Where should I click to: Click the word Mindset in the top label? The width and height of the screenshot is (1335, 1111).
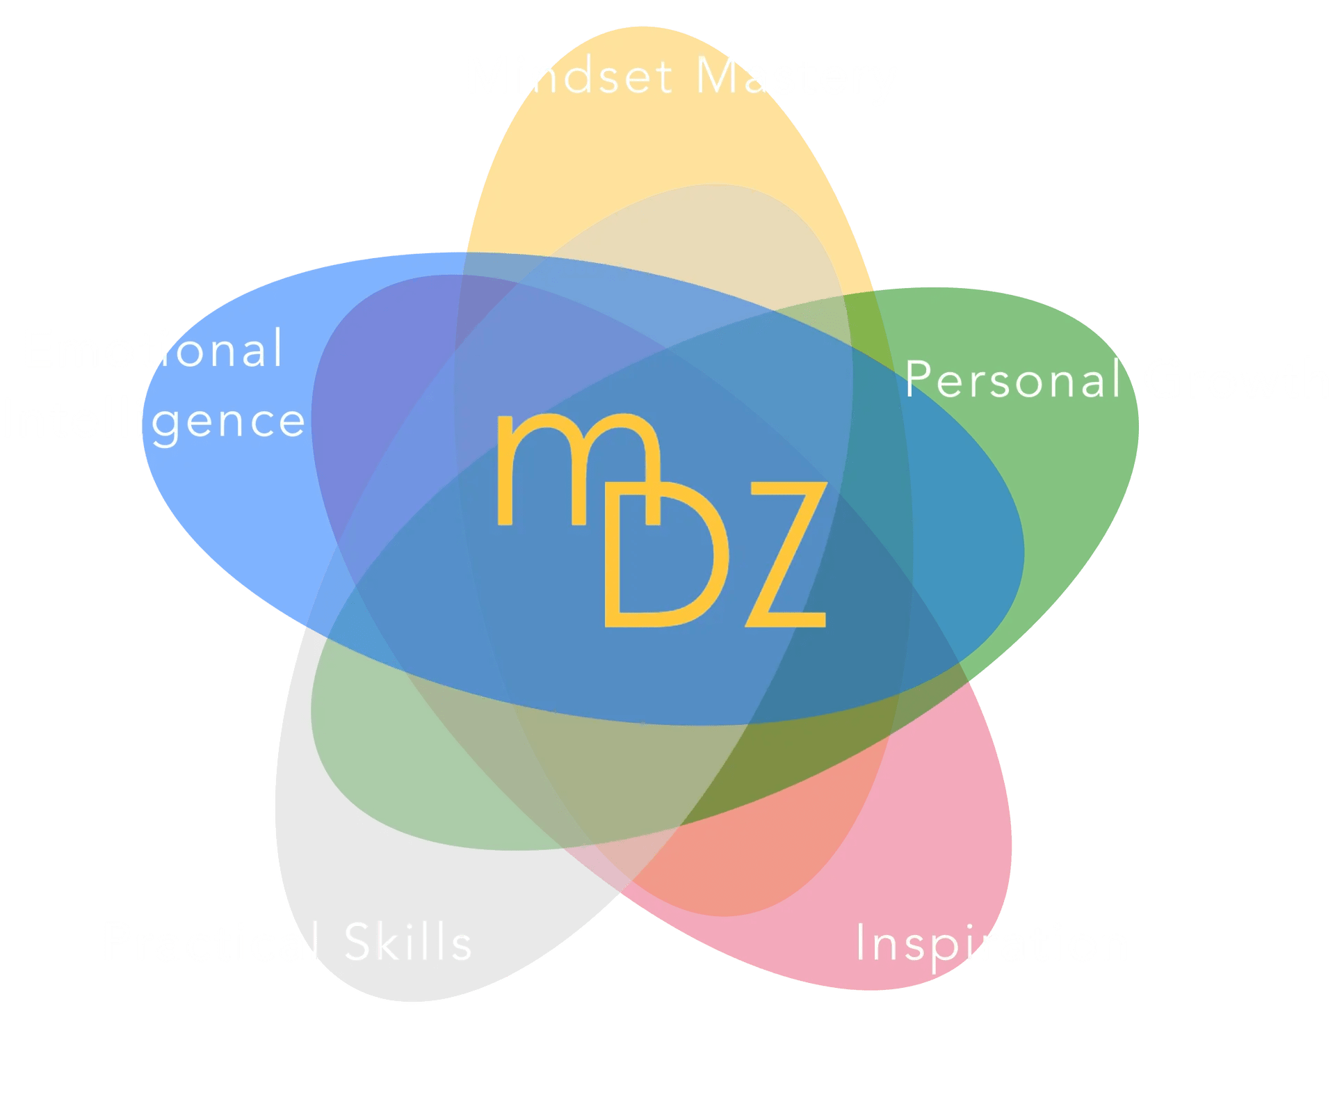point(569,76)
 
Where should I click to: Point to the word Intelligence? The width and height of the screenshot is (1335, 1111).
point(154,422)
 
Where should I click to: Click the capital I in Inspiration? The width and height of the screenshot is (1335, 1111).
point(861,943)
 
